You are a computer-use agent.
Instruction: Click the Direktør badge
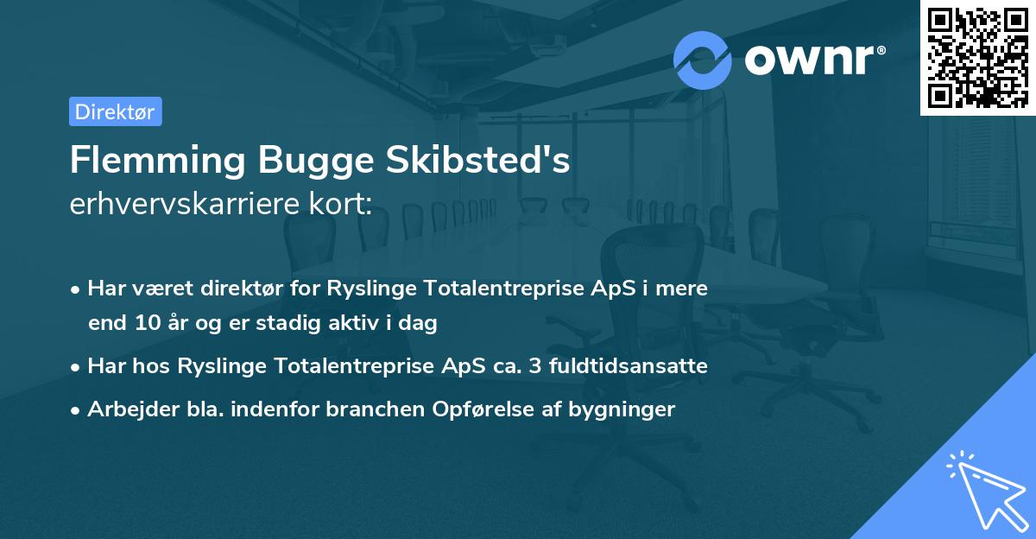click(115, 111)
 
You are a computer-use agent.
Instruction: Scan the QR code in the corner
click(977, 57)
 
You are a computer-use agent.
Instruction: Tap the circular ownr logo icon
click(703, 60)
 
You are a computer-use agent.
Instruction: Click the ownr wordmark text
click(814, 60)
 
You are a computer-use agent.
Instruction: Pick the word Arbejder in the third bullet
click(126, 409)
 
